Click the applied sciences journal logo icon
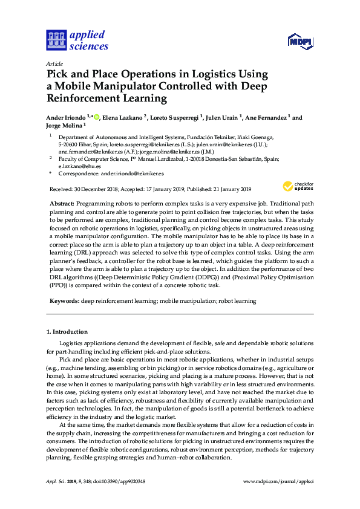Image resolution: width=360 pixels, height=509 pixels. click(56, 41)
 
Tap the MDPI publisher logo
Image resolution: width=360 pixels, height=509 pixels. click(300, 42)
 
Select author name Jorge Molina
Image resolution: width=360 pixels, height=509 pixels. click(64, 126)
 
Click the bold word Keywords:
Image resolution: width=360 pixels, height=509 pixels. click(64, 300)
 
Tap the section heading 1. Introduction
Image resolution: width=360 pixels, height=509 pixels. click(67, 332)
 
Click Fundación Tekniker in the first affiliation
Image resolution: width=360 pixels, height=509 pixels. click(199, 138)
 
